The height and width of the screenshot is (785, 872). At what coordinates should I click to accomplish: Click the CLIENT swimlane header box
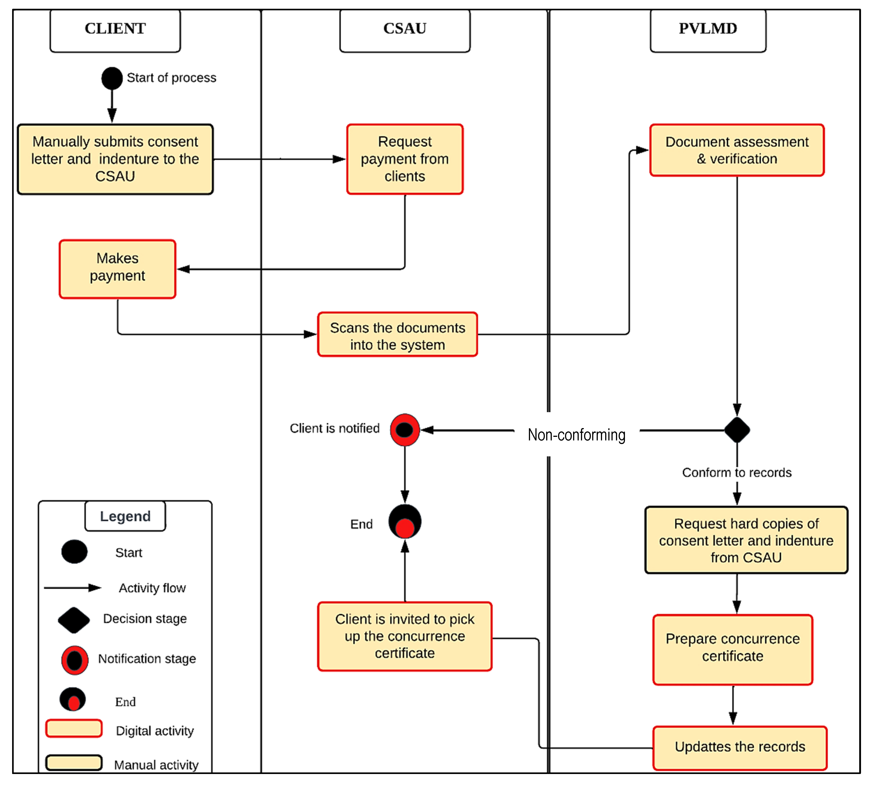115,30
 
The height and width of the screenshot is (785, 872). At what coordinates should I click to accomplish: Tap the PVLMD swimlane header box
708,30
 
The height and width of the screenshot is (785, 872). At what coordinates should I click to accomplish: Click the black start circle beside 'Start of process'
112,78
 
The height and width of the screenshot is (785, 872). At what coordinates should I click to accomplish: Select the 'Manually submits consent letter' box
115,159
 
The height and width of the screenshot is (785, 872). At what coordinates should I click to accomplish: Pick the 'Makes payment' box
117,269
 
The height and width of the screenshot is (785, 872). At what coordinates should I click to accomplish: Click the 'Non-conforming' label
576,435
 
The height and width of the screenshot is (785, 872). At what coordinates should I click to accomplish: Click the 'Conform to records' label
737,473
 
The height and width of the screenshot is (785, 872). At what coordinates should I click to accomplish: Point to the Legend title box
125,516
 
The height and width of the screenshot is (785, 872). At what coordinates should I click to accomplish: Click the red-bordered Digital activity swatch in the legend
74,728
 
